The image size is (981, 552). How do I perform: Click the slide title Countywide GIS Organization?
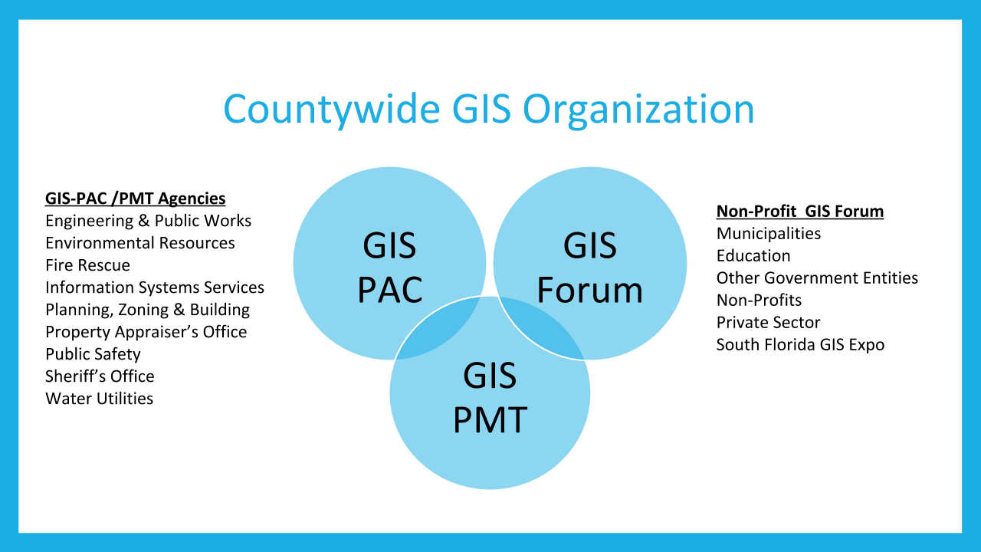click(x=489, y=109)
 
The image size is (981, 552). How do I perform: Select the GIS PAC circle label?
click(x=389, y=268)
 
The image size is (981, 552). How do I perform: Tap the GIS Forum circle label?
click(x=589, y=268)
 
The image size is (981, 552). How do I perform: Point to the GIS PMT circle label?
click(x=490, y=398)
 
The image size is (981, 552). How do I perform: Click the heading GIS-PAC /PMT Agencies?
click(x=136, y=199)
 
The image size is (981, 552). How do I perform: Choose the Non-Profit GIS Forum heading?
click(x=800, y=211)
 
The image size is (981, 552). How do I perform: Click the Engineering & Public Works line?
click(x=148, y=221)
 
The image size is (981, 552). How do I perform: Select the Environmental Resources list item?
click(x=140, y=243)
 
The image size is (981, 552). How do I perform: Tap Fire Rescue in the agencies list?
click(x=87, y=265)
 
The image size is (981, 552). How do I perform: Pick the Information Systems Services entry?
click(x=155, y=287)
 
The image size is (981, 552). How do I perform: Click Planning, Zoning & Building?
click(x=147, y=310)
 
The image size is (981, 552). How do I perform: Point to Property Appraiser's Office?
click(x=146, y=332)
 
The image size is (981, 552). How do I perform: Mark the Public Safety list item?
click(x=93, y=354)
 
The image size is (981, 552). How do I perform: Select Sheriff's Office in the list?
click(x=100, y=376)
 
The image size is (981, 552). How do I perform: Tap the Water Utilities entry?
click(x=99, y=399)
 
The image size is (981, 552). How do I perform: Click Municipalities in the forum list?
click(x=769, y=233)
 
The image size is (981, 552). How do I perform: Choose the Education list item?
click(x=753, y=255)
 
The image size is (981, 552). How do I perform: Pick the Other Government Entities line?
click(x=817, y=278)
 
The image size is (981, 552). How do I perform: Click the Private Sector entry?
click(x=768, y=322)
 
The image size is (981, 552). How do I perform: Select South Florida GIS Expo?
click(x=800, y=344)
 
